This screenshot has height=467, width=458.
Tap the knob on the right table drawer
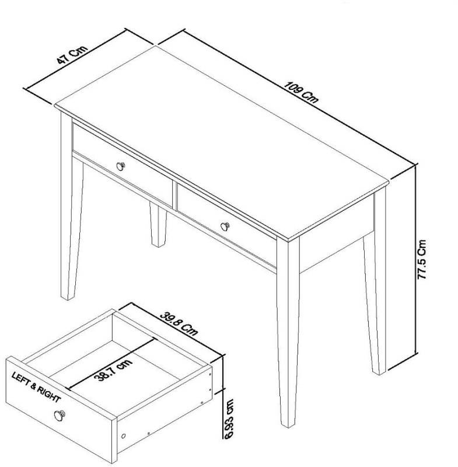(225, 225)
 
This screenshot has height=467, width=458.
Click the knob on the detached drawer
(59, 416)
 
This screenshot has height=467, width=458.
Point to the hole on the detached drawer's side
(123, 436)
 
